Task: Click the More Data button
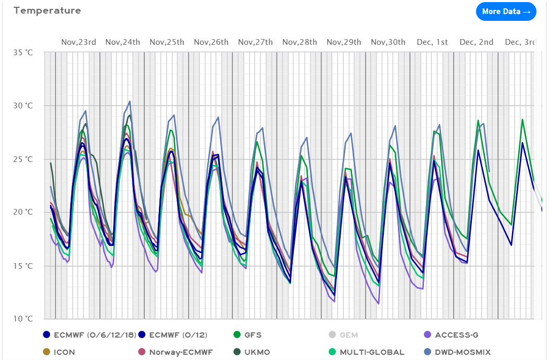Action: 506,11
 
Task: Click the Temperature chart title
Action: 47,10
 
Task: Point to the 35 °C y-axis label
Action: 23,53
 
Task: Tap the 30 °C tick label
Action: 23,106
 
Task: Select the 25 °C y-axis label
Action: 23,159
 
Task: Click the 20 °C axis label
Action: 23,212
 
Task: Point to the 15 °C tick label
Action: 23,266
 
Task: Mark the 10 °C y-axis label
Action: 23,319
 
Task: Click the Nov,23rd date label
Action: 79,42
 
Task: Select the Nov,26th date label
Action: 211,42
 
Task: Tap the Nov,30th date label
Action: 388,42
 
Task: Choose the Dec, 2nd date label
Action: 476,42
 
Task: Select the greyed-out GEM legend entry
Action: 349,335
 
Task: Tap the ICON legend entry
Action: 64,352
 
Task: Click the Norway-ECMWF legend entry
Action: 174,352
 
